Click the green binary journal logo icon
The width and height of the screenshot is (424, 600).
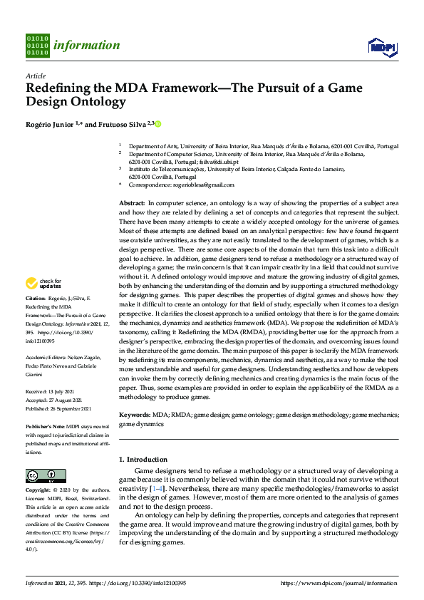(x=37, y=45)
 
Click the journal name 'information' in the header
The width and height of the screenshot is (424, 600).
(x=86, y=46)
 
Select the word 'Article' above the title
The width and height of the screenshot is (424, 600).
(x=35, y=76)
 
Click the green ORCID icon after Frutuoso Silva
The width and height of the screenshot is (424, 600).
(x=157, y=124)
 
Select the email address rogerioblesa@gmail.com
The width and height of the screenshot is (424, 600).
(x=203, y=185)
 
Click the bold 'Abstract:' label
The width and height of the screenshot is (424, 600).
(x=132, y=204)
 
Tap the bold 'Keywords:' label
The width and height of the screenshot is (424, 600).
(x=134, y=414)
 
